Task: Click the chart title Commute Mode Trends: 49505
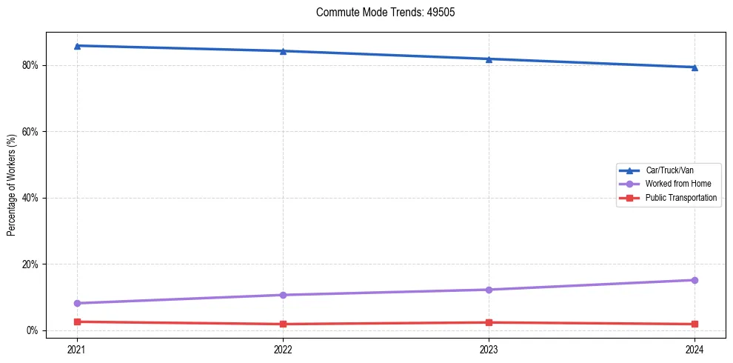[380, 13]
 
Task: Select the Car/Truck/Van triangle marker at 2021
[77, 46]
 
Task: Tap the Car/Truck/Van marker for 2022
[283, 51]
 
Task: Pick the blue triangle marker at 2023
[489, 59]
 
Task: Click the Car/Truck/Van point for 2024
[694, 67]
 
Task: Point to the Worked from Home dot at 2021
[77, 303]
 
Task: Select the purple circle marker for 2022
[283, 295]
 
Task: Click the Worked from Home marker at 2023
[489, 290]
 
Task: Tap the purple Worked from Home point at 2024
[694, 280]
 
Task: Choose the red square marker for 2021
[77, 322]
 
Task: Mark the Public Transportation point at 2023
[489, 322]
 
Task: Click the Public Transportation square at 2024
[694, 324]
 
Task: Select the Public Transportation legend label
[681, 198]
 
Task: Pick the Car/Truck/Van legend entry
[669, 170]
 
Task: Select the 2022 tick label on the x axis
[283, 348]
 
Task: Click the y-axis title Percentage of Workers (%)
[12, 185]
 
